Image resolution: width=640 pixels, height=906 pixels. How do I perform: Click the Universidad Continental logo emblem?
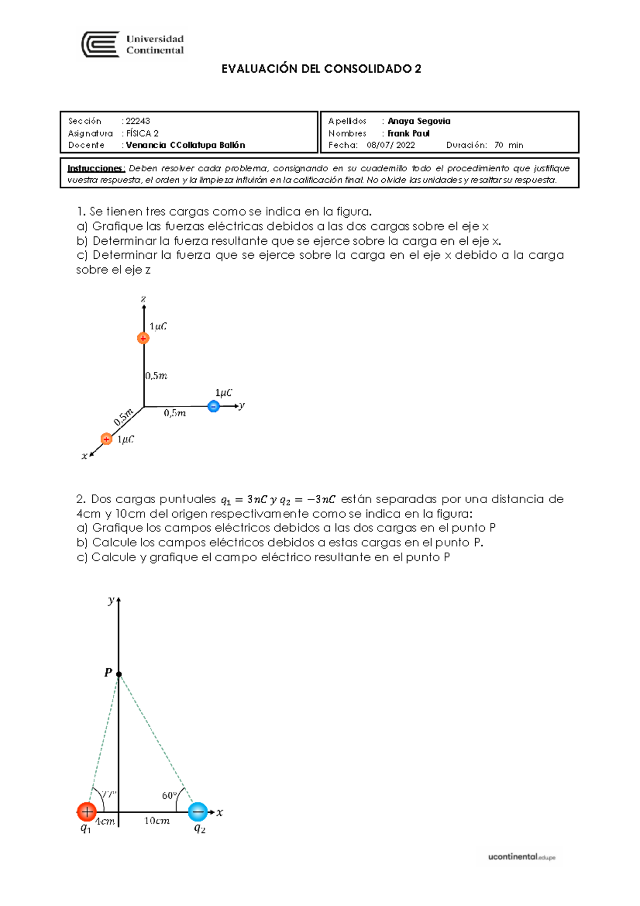pos(100,44)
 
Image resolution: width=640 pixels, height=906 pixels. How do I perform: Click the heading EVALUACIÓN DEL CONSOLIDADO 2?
pos(321,69)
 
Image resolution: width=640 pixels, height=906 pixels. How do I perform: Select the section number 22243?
pos(138,121)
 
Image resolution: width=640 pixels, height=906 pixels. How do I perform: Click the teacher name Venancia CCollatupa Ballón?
pos(185,145)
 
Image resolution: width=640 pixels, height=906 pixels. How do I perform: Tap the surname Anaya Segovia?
pos(419,121)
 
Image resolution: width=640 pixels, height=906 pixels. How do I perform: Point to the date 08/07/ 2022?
pos(390,145)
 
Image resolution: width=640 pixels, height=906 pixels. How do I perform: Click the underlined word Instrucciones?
pos(96,169)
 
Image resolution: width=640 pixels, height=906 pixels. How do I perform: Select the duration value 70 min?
pos(508,145)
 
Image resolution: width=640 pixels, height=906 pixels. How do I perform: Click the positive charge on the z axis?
pos(143,338)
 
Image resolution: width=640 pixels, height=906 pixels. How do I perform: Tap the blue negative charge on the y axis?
pos(213,407)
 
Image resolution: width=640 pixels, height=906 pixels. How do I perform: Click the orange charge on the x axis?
pos(106,439)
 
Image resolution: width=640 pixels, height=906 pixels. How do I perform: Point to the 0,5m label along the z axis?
pos(156,376)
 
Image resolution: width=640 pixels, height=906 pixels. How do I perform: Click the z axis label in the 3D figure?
pos(143,299)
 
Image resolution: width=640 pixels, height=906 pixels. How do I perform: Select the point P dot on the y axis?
pos(119,674)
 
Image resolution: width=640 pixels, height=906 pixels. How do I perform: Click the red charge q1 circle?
pos(86,812)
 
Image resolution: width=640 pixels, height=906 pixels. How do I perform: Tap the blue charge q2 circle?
pos(198,812)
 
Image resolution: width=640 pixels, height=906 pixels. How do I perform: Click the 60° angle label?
pos(169,796)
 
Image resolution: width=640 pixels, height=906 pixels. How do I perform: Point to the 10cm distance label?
pos(157,821)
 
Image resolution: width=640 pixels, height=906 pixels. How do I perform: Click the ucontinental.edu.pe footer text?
pos(521,857)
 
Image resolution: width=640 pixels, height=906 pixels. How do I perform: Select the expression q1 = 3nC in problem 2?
pos(244,500)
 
